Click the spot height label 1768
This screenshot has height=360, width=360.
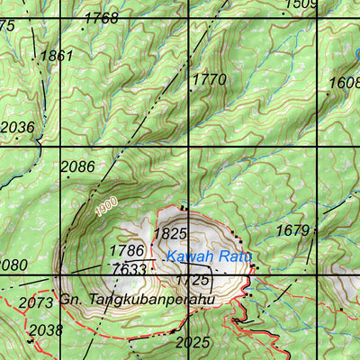101,18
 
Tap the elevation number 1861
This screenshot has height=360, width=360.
57,56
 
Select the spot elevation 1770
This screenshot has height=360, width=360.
210,80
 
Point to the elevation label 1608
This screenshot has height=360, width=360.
344,83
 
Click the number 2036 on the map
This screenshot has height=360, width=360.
17,128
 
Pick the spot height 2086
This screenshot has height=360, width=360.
77,166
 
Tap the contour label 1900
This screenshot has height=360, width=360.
106,207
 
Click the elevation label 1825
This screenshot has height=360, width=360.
170,233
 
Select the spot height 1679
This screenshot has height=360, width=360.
292,231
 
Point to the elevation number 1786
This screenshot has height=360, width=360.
127,250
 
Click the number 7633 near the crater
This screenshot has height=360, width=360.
129,269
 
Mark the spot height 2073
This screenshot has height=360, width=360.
35,302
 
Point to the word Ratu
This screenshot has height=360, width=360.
236,258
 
